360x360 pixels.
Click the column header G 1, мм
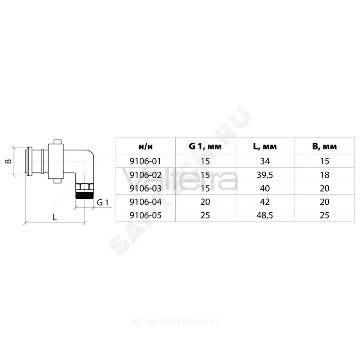[205, 146]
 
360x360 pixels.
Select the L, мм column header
[265, 146]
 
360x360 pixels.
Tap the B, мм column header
[324, 146]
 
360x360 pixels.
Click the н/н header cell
[145, 147]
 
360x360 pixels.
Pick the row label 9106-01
[145, 161]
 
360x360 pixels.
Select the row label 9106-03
[145, 188]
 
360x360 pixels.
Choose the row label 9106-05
[145, 215]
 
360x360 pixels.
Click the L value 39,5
[265, 175]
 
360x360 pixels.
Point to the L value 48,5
[265, 215]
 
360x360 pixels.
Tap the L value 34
[265, 161]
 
